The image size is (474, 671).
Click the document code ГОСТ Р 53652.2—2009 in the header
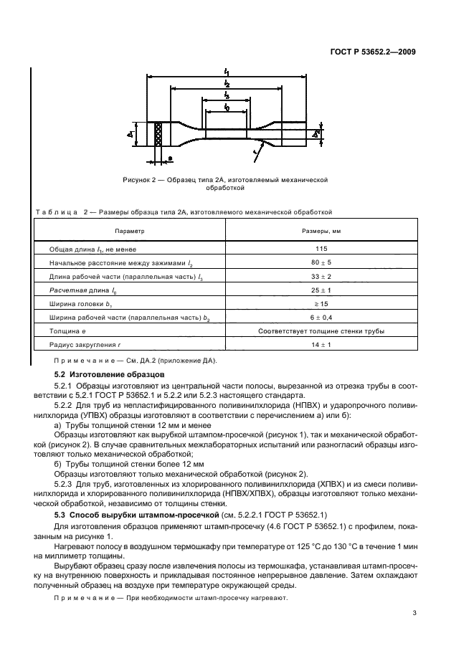pyautogui.click(x=379, y=52)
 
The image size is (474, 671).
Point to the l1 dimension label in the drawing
pyautogui.click(x=227, y=72)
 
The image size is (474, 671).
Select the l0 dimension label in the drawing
pyautogui.click(x=227, y=108)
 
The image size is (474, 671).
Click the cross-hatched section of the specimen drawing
pyautogui.click(x=158, y=134)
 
